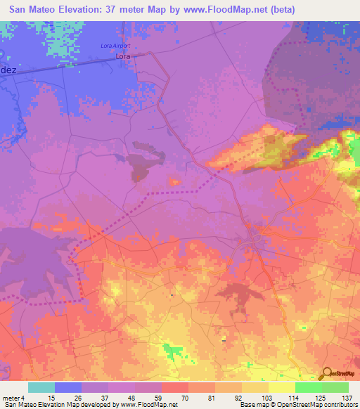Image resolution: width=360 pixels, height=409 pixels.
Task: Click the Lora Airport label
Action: click(116, 46)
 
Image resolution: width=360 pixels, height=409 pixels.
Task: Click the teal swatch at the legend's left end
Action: click(41, 387)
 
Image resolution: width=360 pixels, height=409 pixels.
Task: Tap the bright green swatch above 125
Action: click(308, 387)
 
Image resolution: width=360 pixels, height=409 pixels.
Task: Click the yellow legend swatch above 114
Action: click(281, 387)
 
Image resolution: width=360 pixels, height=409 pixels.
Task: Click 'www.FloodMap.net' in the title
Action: click(224, 9)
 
